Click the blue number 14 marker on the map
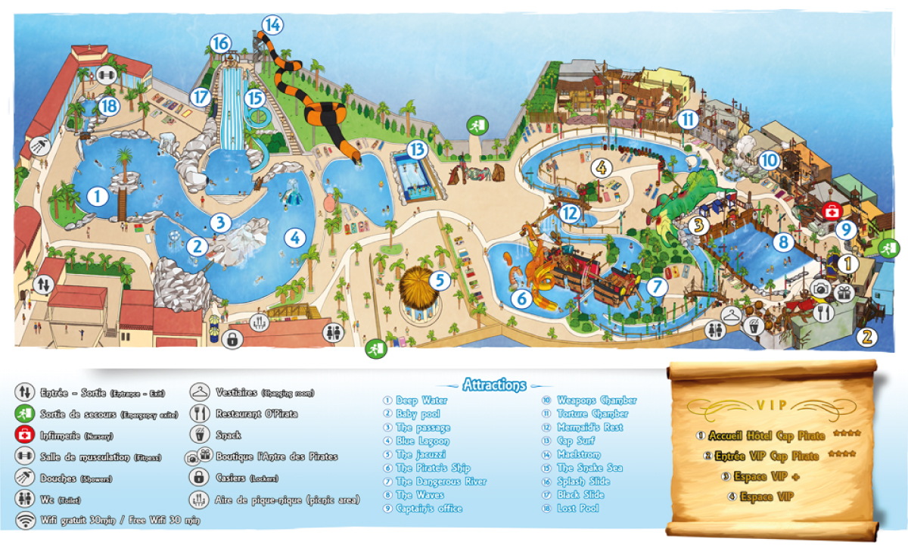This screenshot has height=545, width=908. click(x=272, y=25)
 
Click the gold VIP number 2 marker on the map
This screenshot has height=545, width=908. click(x=868, y=337)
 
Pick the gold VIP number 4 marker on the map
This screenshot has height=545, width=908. click(x=602, y=167)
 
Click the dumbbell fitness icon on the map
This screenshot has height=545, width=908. click(x=106, y=74)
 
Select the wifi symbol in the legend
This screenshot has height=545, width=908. click(x=26, y=521)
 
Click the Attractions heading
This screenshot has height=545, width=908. click(x=494, y=385)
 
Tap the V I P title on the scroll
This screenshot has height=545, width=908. click(x=771, y=405)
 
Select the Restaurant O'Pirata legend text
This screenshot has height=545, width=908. click(x=257, y=414)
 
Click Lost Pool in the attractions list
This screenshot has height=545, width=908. click(x=577, y=508)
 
